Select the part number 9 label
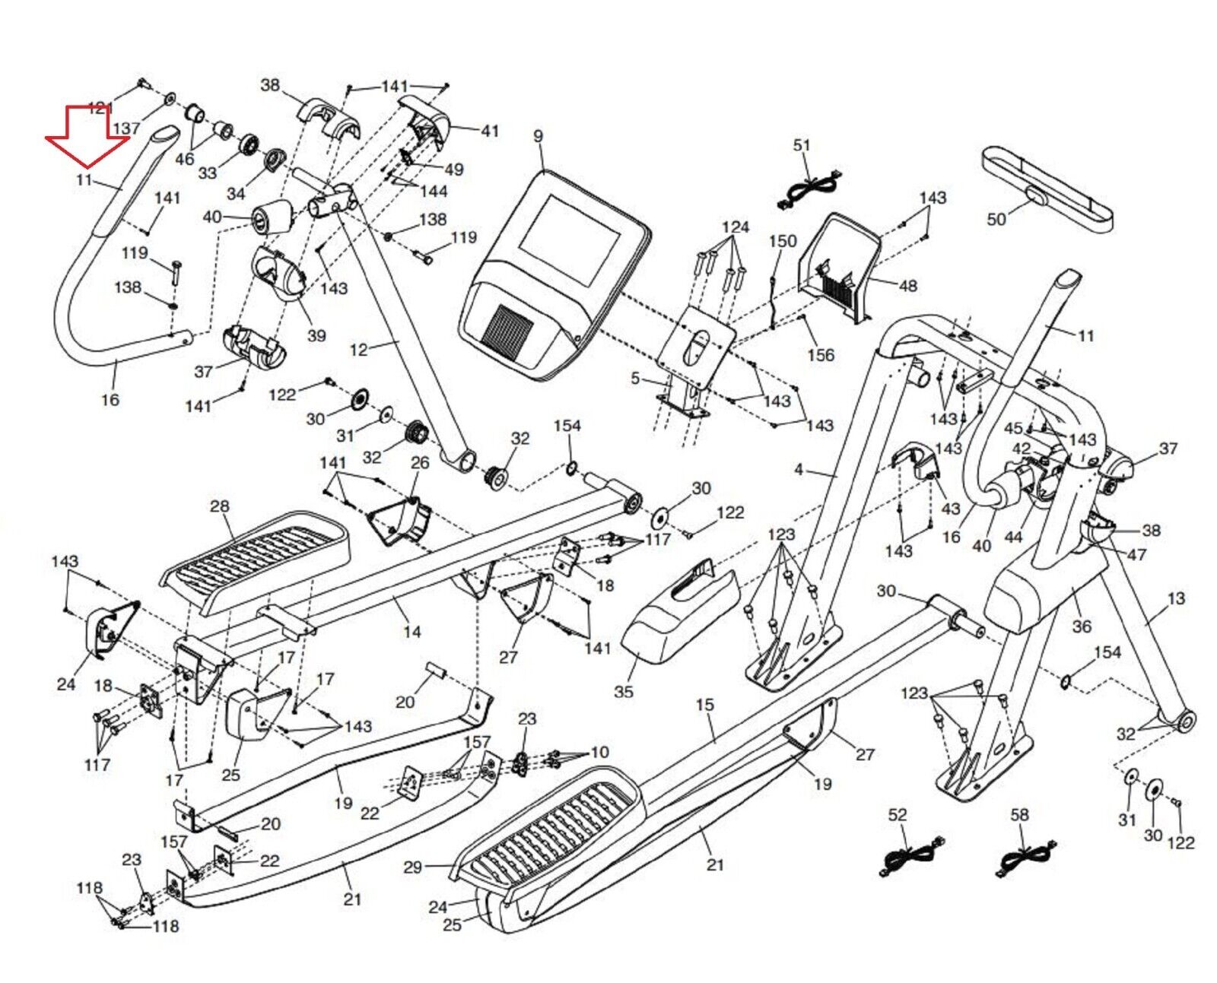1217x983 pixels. point(539,137)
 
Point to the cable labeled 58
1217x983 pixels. point(1025,860)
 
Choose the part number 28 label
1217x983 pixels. point(219,506)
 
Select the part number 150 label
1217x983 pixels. point(782,241)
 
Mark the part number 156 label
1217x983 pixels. point(821,355)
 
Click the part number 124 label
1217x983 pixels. point(735,227)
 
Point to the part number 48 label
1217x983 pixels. point(908,286)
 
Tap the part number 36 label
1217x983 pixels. point(1081,626)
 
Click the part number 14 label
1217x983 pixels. point(411,632)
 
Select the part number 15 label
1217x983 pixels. point(705,705)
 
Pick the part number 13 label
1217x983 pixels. point(1176,599)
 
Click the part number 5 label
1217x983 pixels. point(635,378)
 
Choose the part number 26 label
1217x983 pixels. point(420,462)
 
